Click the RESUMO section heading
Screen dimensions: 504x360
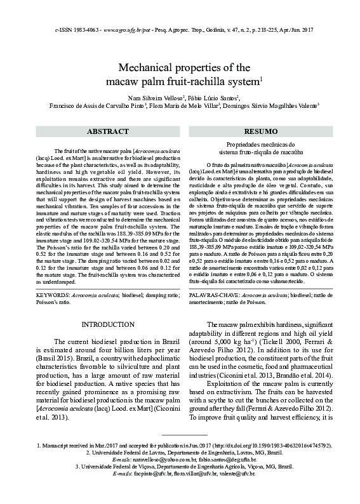pyautogui.click(x=260, y=131)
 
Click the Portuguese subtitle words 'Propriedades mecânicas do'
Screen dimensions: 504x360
pyautogui.click(x=260, y=145)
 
